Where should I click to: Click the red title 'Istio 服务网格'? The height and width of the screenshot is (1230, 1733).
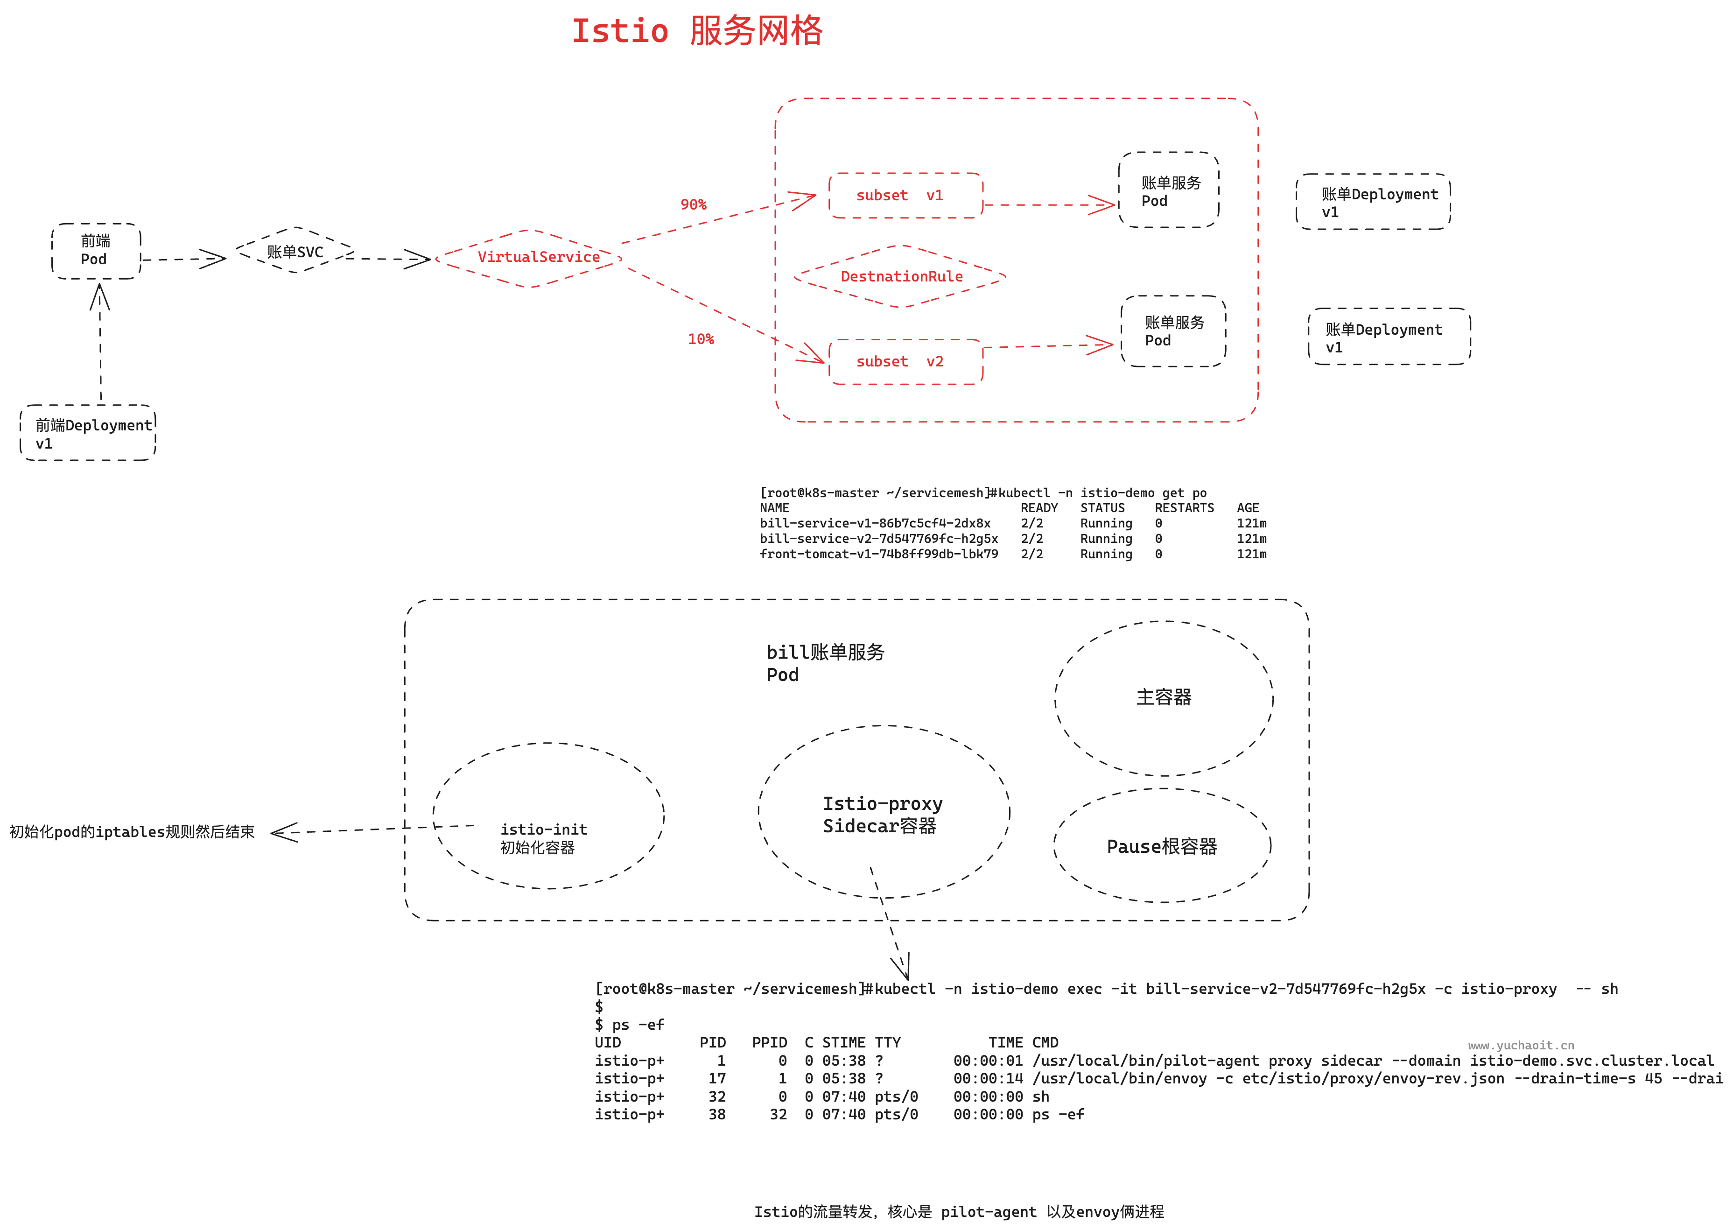click(696, 32)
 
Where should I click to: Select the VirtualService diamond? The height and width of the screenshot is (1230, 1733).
click(538, 258)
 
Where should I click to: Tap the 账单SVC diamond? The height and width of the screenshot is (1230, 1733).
click(295, 252)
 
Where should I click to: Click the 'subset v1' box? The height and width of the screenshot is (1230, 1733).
click(905, 196)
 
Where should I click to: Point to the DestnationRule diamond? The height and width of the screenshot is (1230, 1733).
click(901, 276)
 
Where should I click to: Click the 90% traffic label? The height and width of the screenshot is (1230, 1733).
click(693, 204)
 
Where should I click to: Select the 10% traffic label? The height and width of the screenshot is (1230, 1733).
click(700, 339)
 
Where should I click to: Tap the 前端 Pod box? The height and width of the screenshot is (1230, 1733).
click(96, 251)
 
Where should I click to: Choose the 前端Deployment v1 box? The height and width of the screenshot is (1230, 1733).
click(88, 433)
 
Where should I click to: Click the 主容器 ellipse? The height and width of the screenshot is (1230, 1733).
click(1164, 697)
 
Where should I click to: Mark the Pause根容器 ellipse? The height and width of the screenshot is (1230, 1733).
click(1161, 846)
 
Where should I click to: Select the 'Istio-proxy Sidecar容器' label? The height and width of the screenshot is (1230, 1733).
click(882, 815)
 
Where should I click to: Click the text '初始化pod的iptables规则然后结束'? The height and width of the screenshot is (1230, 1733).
click(132, 832)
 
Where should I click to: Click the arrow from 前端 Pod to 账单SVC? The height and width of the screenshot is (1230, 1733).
click(184, 260)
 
